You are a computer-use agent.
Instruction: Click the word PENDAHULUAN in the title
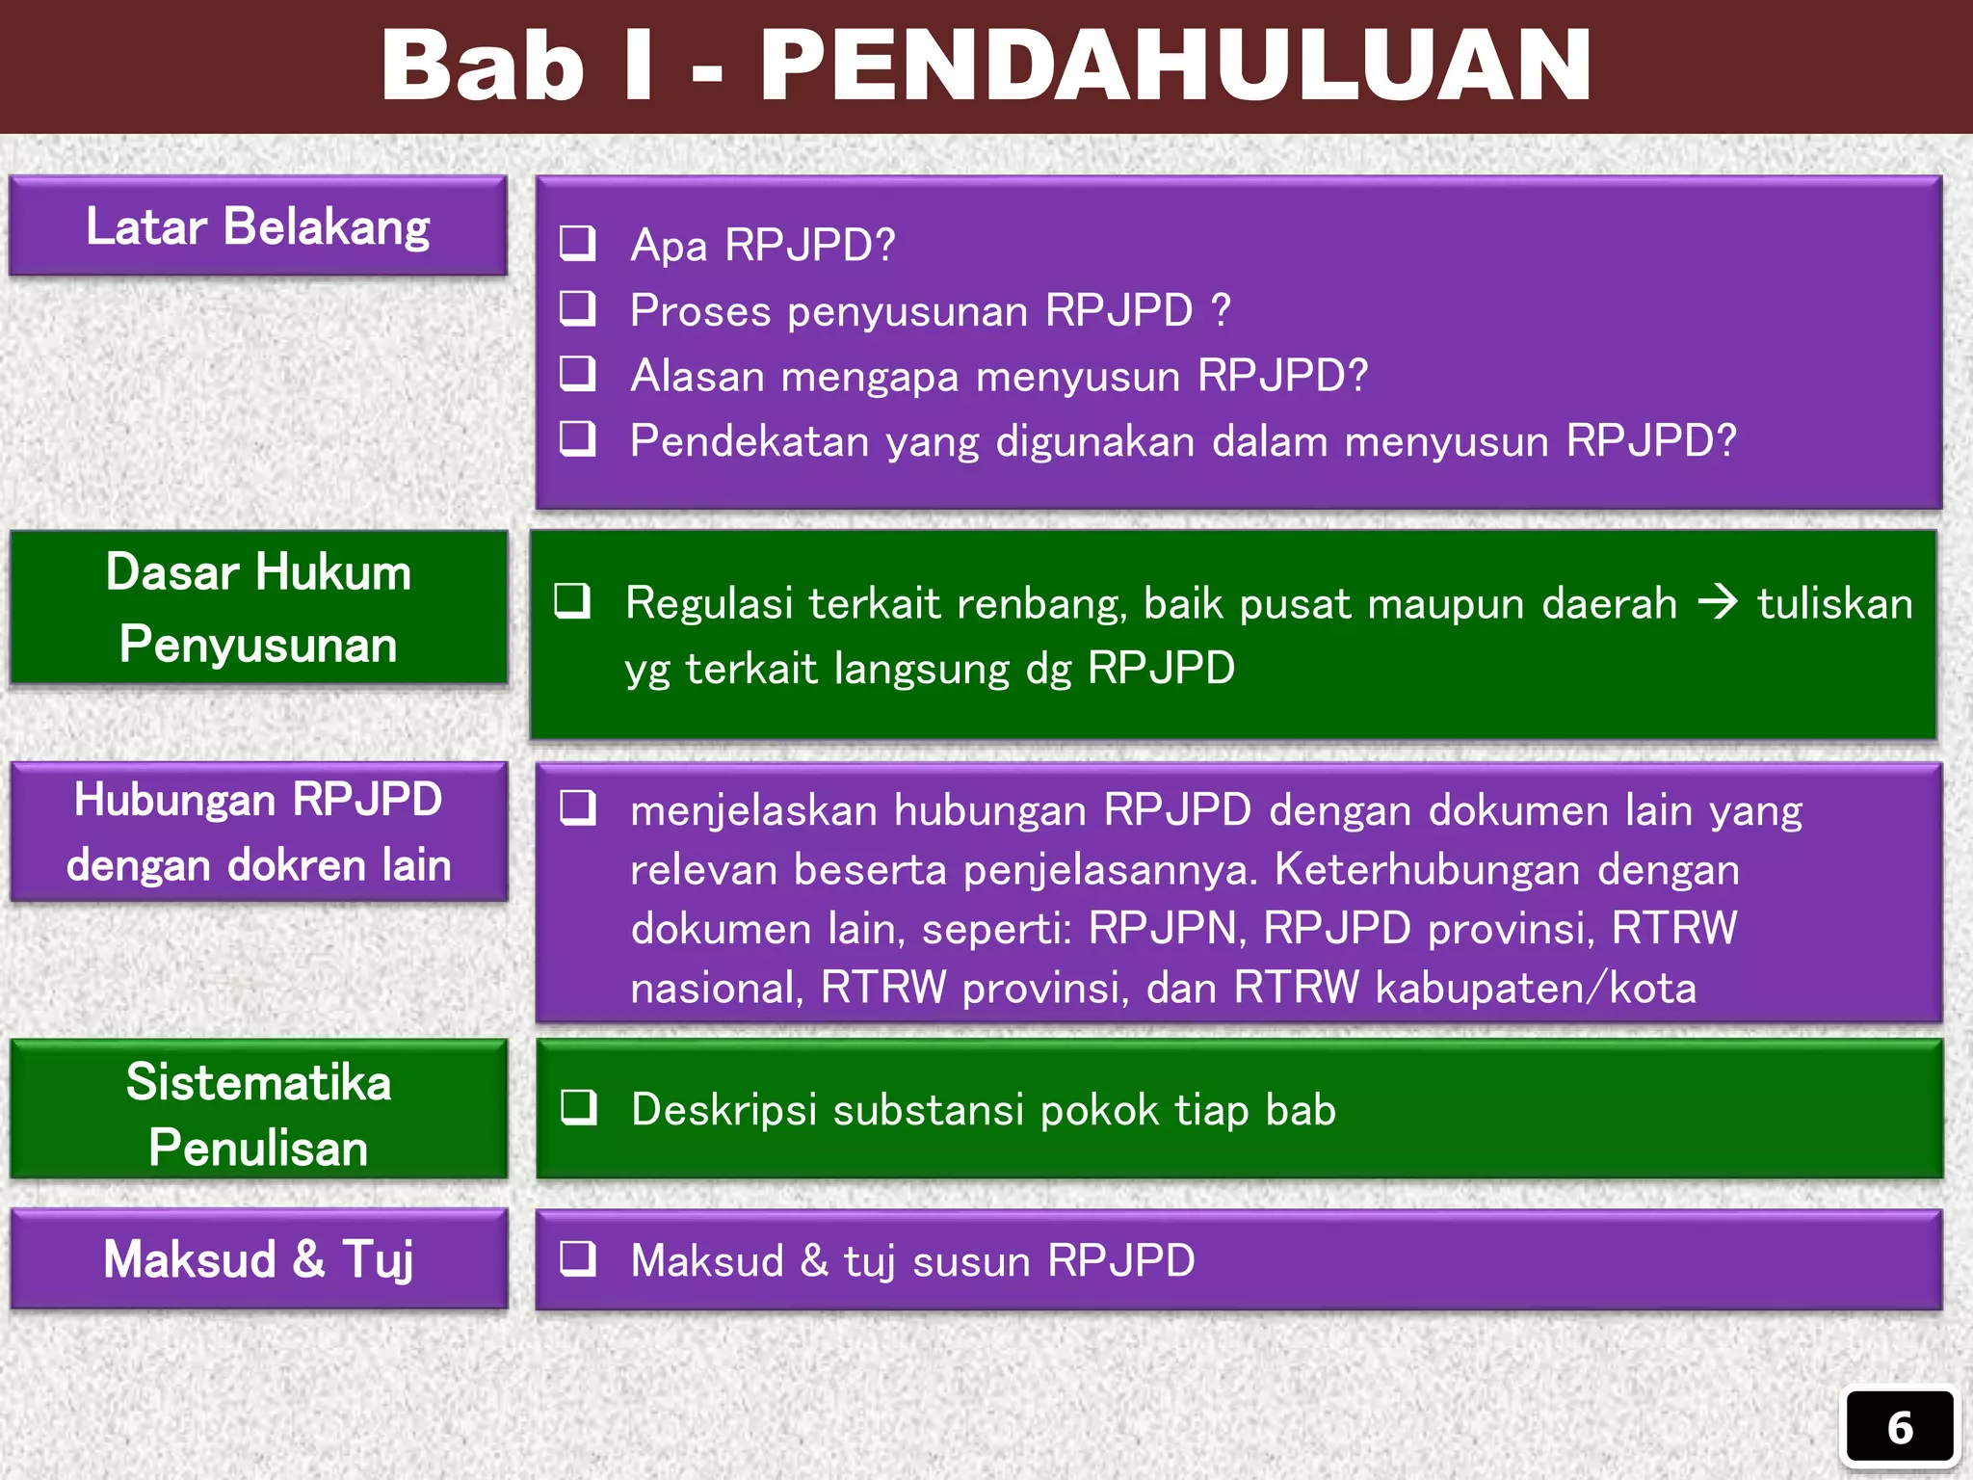point(1175,66)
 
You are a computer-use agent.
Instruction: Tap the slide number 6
point(1899,1428)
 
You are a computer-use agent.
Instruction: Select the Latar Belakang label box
point(258,226)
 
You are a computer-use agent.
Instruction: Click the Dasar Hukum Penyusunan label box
point(258,607)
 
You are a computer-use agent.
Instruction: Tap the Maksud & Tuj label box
point(258,1259)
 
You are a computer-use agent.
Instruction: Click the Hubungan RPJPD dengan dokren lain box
point(258,832)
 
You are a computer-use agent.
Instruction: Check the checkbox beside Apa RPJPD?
point(578,244)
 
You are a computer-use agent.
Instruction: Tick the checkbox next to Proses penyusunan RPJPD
point(578,309)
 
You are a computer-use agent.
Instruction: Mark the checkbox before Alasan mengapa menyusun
point(578,375)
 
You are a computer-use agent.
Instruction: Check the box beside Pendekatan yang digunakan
point(578,440)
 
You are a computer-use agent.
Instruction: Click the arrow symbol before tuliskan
point(1717,603)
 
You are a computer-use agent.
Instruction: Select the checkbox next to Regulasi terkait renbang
point(572,602)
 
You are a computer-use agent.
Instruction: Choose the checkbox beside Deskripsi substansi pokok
point(579,1108)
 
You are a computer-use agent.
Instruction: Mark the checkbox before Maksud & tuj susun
point(578,1259)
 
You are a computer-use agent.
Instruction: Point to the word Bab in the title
point(482,66)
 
